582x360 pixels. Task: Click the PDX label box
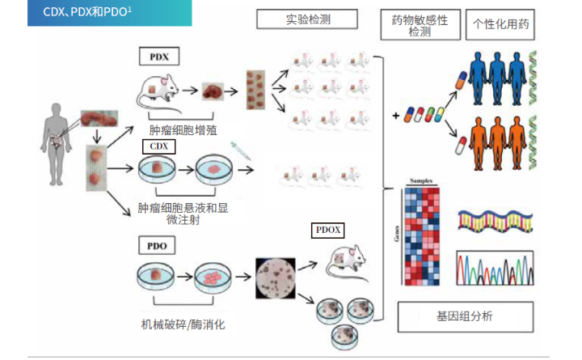158,56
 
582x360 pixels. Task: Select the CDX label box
158,146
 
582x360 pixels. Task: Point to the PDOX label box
327,231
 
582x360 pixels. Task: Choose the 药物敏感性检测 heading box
420,25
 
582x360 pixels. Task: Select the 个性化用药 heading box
501,25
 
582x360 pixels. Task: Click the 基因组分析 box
464,316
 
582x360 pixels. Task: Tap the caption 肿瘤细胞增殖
183,129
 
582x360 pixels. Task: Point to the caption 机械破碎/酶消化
183,324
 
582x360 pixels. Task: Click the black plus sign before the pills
396,116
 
